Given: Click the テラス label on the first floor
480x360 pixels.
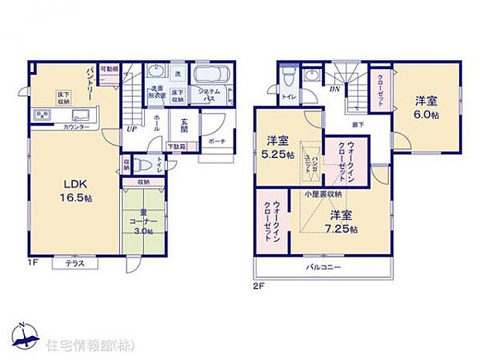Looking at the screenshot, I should click(75, 264).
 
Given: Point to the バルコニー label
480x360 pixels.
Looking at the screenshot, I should click(320, 267).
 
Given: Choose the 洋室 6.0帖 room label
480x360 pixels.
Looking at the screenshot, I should click(426, 107).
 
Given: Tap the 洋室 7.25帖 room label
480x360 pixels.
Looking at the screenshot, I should click(342, 221).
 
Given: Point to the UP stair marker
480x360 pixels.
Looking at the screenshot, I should click(132, 129).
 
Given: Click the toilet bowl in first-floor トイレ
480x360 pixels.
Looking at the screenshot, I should click(143, 165).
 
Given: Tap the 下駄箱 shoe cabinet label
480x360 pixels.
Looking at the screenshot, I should click(177, 146).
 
